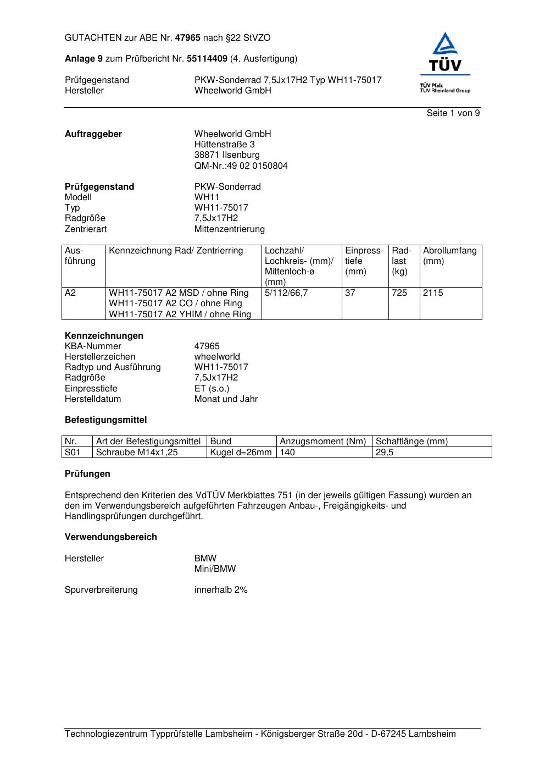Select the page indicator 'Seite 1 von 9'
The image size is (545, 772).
(453, 113)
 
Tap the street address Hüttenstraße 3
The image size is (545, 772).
(224, 145)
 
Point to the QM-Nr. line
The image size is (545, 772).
(241, 166)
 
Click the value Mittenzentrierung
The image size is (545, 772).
(229, 229)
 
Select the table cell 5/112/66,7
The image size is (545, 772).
(286, 293)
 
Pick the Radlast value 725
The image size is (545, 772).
(399, 293)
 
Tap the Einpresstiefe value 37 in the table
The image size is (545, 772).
(350, 293)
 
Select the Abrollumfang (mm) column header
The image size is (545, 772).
(449, 256)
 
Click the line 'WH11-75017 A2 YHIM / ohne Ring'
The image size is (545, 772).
(180, 315)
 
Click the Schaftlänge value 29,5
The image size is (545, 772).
(385, 453)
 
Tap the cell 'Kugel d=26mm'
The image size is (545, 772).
(241, 453)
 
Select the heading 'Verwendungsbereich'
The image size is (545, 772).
(111, 537)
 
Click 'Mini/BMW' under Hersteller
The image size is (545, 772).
(215, 569)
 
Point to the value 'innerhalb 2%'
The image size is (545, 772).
(221, 590)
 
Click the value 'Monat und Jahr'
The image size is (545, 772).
(226, 399)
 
